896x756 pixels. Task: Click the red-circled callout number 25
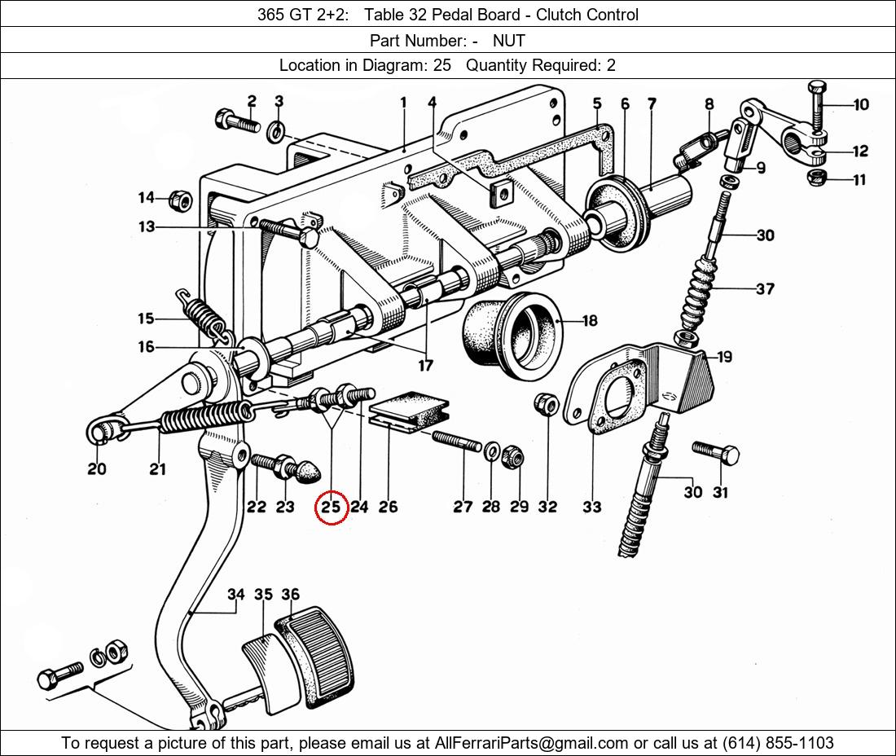(331, 507)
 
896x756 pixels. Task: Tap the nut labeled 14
(181, 199)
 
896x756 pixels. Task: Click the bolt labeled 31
(717, 452)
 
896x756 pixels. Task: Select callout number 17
(425, 366)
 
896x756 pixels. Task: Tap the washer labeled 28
(491, 451)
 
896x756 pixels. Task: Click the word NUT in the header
(508, 40)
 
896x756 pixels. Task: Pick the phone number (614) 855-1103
(778, 743)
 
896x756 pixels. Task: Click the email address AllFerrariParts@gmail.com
(532, 743)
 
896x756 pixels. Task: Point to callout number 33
(592, 507)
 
